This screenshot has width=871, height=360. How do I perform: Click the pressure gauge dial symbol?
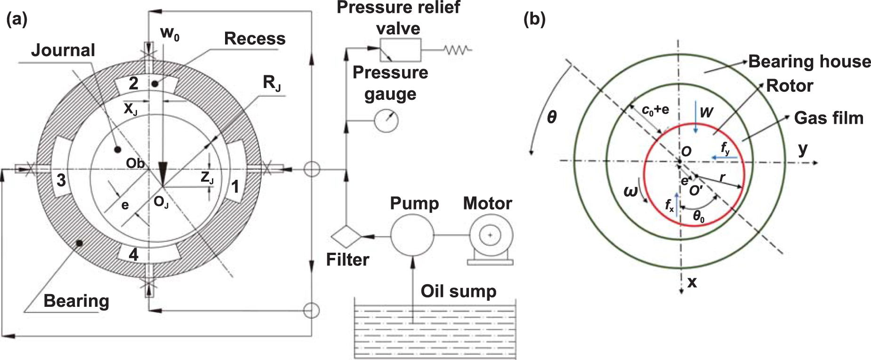[x=386, y=120]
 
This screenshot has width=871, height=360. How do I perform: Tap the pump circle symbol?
[x=412, y=235]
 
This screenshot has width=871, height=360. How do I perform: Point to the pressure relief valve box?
[x=400, y=49]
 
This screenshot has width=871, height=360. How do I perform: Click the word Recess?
[x=254, y=39]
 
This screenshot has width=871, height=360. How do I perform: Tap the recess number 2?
[x=134, y=83]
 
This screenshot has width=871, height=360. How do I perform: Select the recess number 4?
[x=134, y=255]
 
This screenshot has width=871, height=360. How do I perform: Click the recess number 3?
[x=61, y=180]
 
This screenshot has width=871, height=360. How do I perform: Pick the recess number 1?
[x=235, y=187]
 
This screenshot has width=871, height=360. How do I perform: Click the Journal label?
[x=63, y=50]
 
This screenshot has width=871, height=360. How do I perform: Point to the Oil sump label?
[x=458, y=291]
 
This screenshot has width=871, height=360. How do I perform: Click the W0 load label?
[x=169, y=33]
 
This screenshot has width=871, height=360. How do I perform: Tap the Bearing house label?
[x=809, y=62]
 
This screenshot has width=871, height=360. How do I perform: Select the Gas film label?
[x=829, y=118]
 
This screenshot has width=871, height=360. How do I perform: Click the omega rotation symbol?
[x=630, y=192]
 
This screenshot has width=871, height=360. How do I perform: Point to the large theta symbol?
[x=552, y=117]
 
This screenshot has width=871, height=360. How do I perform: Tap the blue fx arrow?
[x=677, y=204]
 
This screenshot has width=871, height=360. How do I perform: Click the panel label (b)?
[x=534, y=19]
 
